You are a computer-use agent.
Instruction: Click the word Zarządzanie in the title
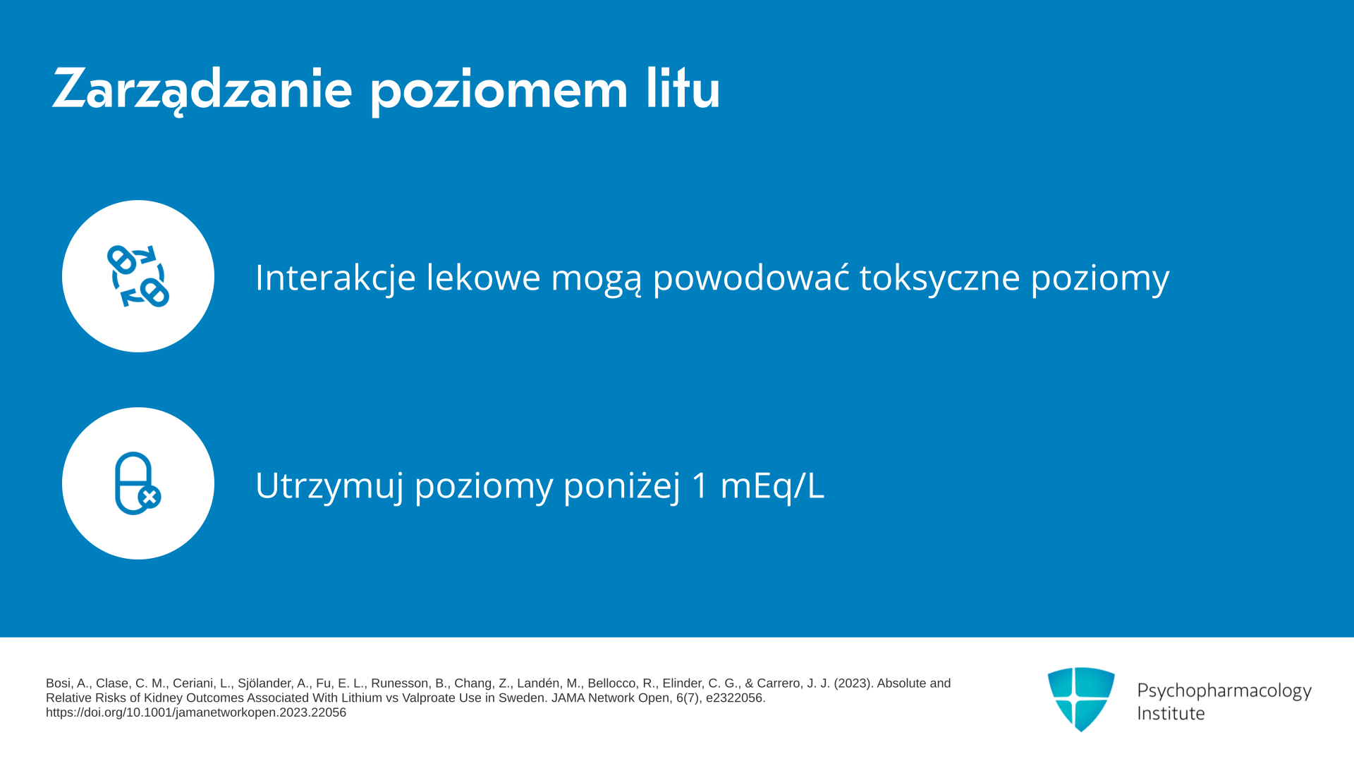[202, 89]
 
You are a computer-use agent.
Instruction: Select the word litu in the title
[683, 87]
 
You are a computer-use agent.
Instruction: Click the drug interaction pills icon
[138, 276]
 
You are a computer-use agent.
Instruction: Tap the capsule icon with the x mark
[138, 483]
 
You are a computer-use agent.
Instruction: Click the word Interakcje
[336, 277]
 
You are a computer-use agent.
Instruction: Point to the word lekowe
[483, 277]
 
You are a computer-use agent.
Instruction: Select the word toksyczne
[940, 277]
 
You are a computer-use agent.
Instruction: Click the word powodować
[751, 276]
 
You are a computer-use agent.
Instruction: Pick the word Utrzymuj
[329, 485]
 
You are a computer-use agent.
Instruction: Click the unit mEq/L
[771, 485]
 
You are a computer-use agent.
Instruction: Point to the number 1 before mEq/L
[700, 485]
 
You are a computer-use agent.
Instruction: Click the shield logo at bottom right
[1081, 699]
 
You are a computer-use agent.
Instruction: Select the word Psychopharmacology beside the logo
[1224, 691]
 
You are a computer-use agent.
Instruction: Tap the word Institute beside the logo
[1171, 713]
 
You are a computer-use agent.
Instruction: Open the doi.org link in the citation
[196, 712]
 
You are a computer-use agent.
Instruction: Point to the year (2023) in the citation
[853, 683]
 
